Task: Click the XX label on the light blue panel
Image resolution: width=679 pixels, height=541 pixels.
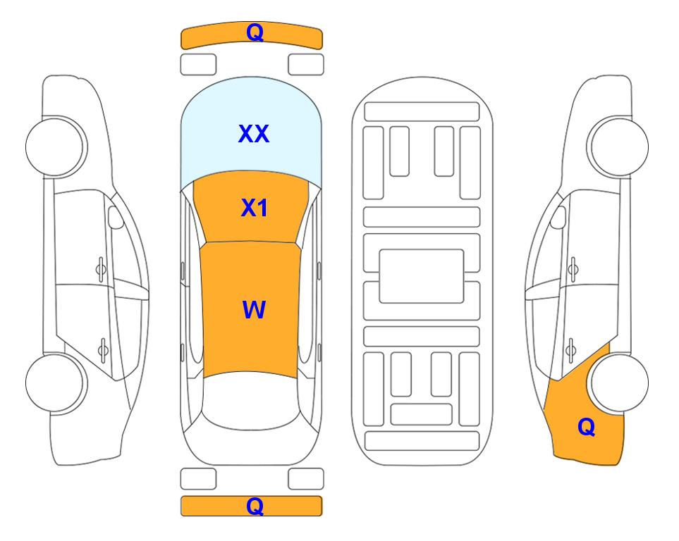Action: pos(254,134)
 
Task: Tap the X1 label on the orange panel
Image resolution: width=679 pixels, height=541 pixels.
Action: pos(255,208)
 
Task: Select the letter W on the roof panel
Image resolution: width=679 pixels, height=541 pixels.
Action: pos(254,310)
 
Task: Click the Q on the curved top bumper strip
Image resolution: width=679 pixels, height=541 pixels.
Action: pos(255,33)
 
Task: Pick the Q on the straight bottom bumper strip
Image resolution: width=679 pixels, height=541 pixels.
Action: pos(255,506)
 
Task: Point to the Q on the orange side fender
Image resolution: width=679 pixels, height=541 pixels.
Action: pos(587,427)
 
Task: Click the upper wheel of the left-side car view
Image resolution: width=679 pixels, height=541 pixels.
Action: pos(56,147)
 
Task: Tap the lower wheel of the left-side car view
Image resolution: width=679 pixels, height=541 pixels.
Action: pos(56,383)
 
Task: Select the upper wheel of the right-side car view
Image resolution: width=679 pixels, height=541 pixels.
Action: pos(618,147)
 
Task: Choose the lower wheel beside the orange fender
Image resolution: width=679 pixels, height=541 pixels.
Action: pos(619,383)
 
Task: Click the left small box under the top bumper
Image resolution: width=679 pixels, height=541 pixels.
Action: pos(198,65)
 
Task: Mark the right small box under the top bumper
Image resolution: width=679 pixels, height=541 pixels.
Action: pos(306,65)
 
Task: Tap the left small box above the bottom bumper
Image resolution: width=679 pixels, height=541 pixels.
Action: pos(198,479)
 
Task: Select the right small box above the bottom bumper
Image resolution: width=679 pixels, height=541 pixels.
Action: pos(306,479)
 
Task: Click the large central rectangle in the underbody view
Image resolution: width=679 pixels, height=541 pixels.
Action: pos(422,276)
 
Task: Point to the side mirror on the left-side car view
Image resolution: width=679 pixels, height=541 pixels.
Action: pos(115,217)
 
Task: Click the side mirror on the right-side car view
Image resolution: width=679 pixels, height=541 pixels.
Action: pos(558,217)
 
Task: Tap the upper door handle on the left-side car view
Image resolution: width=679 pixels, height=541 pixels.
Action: pos(101,270)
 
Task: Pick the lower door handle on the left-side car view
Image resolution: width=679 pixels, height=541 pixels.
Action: pos(103,349)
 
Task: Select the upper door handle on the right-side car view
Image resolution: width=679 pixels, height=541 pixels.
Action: pos(573,270)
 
